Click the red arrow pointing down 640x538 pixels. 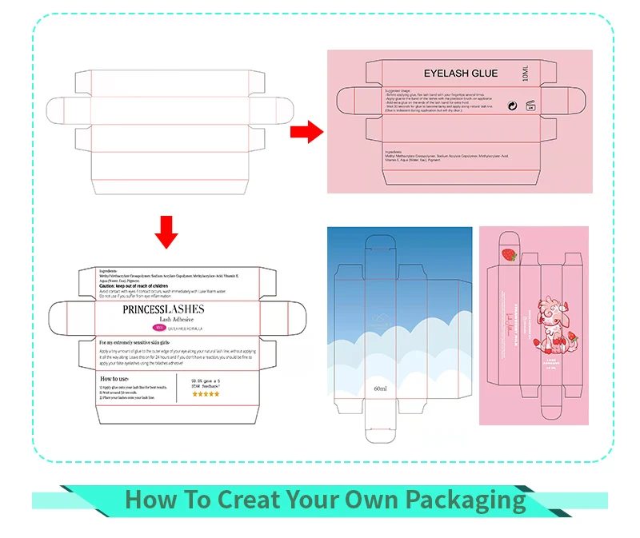point(166,229)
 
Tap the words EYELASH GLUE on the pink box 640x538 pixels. point(460,74)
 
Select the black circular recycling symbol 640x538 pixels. point(512,104)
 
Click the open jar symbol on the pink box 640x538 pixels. point(529,105)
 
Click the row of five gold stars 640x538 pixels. point(206,393)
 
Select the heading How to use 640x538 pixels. point(117,378)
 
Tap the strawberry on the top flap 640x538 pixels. point(509,255)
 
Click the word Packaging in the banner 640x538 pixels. point(464,500)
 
